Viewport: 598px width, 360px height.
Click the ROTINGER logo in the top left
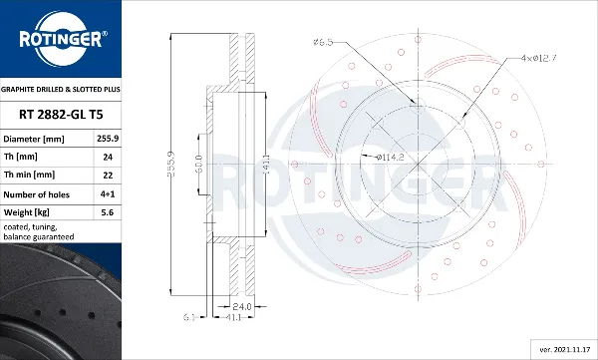[60, 40]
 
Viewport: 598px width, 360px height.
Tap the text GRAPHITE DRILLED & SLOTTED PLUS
[60, 88]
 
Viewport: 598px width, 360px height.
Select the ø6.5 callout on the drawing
[324, 43]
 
